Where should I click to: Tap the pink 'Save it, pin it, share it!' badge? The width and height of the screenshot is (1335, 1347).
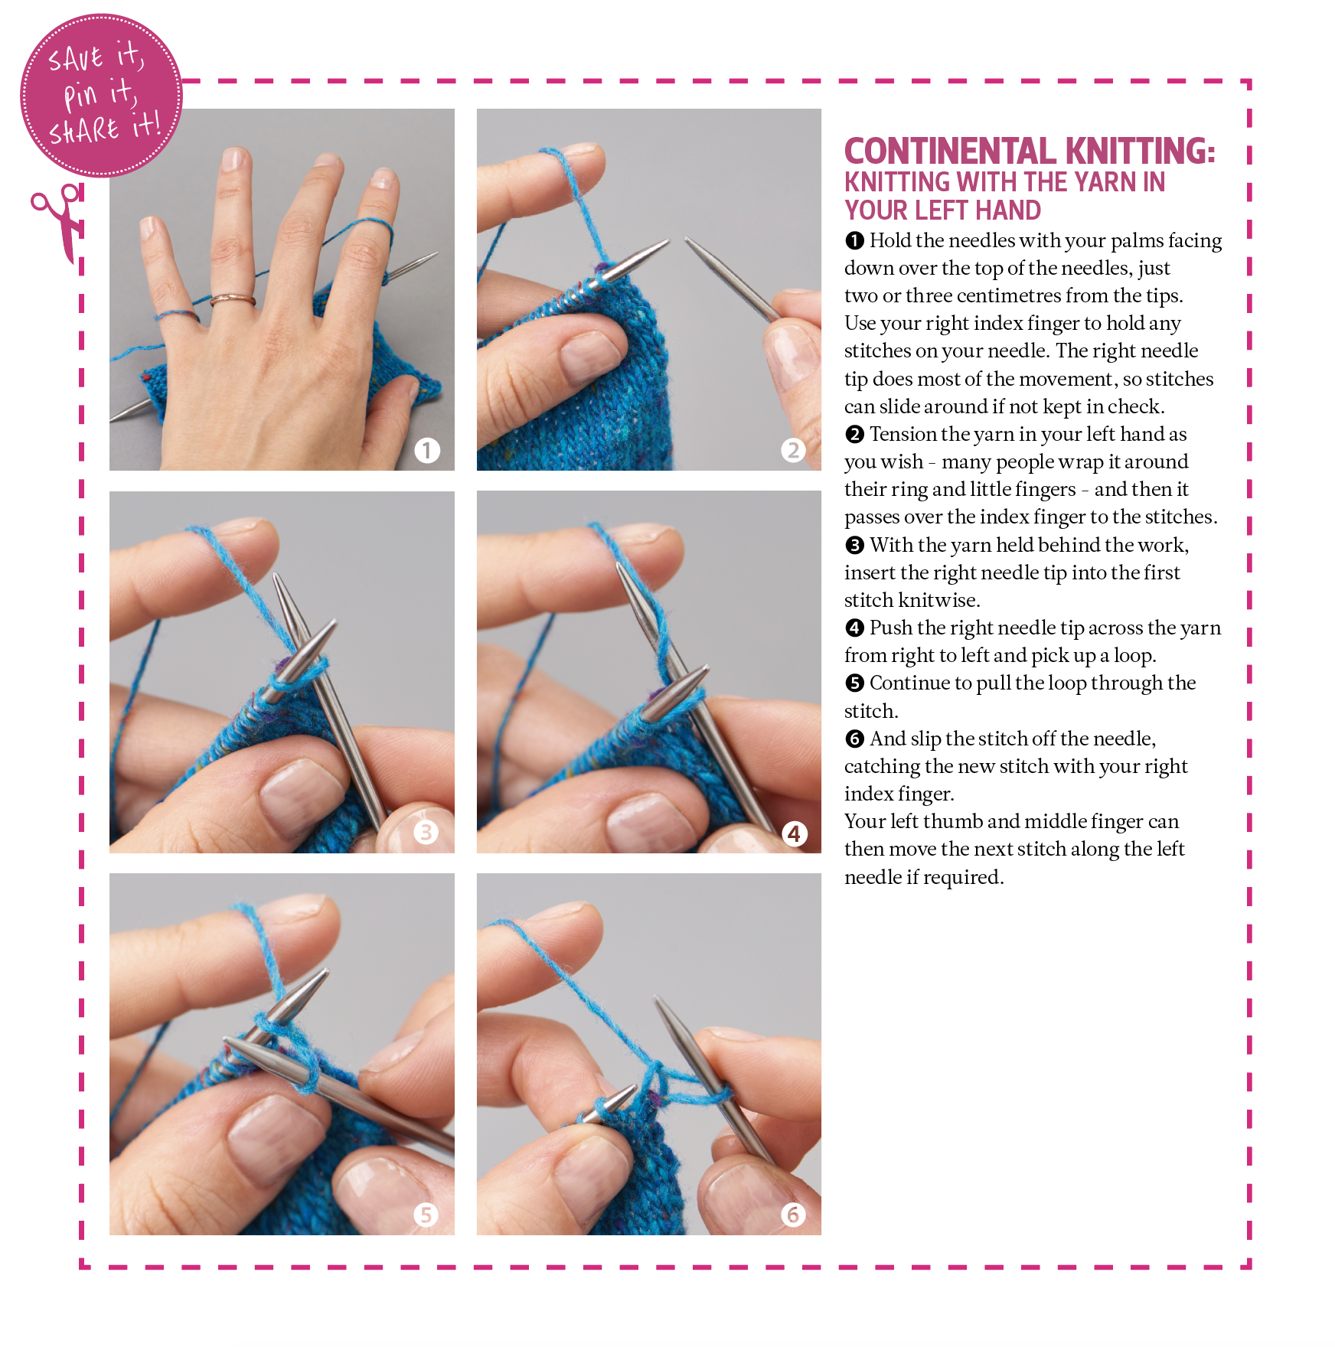click(101, 96)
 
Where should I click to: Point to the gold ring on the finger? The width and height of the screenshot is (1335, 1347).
click(233, 299)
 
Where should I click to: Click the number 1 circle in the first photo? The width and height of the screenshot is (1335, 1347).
click(427, 450)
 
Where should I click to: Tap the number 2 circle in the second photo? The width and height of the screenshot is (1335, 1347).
click(793, 450)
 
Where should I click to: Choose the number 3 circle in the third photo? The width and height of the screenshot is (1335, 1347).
click(426, 832)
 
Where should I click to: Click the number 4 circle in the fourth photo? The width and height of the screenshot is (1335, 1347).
click(794, 833)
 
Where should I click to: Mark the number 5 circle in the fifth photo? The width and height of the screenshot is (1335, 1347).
click(426, 1214)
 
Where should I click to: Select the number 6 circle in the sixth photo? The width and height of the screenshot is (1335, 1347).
click(793, 1214)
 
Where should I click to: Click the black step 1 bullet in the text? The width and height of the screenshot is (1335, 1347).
click(854, 241)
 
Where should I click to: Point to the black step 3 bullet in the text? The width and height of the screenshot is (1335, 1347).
click(854, 546)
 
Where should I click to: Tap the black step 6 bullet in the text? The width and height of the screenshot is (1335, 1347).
click(854, 739)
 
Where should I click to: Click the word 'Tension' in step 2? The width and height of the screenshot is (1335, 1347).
click(903, 435)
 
